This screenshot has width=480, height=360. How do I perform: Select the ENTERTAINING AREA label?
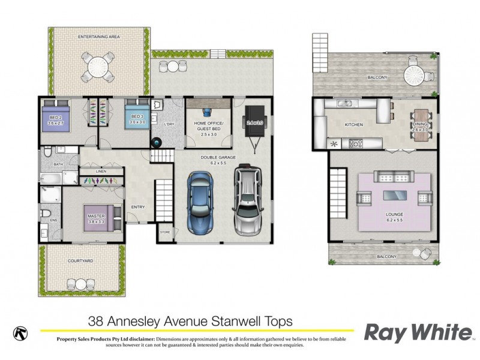[x=99, y=37]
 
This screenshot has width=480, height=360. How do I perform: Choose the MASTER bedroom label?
[x=96, y=216]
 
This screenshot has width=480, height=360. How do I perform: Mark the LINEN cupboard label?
[x=101, y=171]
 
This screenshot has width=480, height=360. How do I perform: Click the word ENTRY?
[x=138, y=208]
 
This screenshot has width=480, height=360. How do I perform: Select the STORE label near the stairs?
[x=165, y=232]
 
